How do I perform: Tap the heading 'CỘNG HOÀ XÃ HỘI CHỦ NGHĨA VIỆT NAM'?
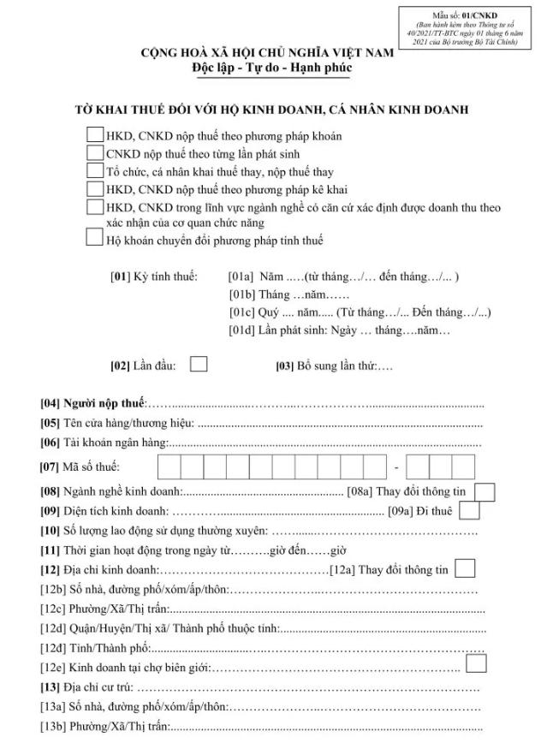point(268,53)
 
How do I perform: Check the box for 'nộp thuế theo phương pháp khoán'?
point(95,134)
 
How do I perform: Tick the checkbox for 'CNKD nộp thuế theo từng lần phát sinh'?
point(95,152)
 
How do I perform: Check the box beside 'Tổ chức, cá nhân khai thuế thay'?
point(95,171)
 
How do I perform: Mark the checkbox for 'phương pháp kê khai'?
point(95,189)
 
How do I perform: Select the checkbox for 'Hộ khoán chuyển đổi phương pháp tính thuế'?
point(95,239)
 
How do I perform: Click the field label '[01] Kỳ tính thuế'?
point(154,277)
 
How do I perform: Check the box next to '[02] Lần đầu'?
point(198,364)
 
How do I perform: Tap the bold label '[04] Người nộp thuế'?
point(94,403)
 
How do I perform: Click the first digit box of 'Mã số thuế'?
point(169,467)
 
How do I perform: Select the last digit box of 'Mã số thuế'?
point(463,467)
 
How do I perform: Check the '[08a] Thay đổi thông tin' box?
point(485,492)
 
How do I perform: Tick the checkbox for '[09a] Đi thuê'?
point(468,511)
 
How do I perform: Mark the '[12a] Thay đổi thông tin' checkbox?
point(466,568)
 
